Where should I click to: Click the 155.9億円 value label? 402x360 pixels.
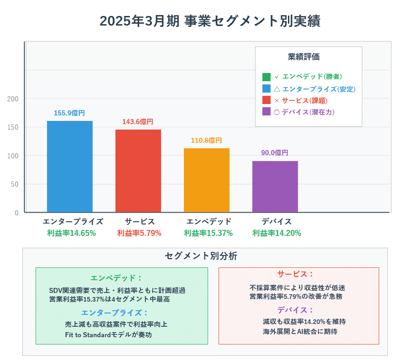point(69,113)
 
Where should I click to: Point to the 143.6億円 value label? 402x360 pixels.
point(138,122)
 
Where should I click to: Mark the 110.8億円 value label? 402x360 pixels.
point(206,141)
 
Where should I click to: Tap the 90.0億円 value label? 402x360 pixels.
point(275,153)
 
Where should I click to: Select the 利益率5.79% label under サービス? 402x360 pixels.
point(139,233)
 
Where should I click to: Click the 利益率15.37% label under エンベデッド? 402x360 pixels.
point(208,233)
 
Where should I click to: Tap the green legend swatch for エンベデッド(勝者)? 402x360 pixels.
point(266,77)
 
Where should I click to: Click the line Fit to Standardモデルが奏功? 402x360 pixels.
point(108,335)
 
